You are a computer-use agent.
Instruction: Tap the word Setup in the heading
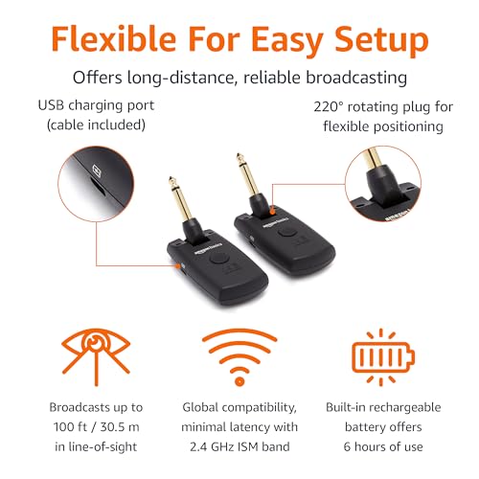pos(381,41)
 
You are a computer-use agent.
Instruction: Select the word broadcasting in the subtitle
pos(356,78)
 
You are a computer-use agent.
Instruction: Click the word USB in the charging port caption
pos(52,105)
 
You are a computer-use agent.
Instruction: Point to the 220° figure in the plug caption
pos(329,107)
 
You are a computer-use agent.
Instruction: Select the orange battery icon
pos(383,357)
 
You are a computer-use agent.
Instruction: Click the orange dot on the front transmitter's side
pos(179,265)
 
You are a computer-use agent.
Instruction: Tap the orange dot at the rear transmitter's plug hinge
pos(272,211)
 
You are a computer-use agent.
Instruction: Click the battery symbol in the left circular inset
pos(97,171)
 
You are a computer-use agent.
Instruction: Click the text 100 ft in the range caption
pos(70,427)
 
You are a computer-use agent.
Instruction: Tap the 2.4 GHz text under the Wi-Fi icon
pos(211,446)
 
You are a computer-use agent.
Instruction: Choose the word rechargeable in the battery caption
pos(405,408)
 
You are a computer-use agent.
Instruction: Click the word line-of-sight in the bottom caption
pos(103,447)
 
